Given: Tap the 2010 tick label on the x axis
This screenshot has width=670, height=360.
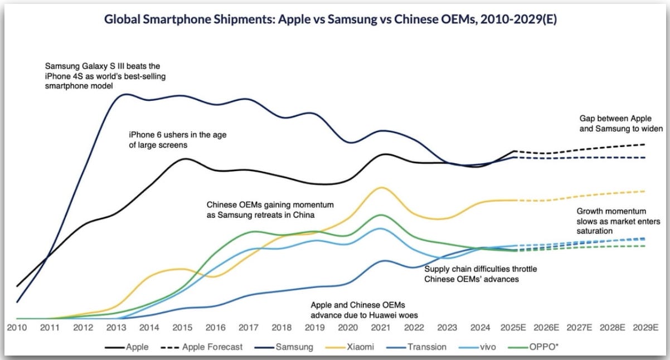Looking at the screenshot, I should click(17, 327).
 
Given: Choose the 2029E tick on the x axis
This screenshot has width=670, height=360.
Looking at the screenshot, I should click(647, 327).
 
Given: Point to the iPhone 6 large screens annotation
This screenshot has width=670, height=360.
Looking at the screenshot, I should click(177, 139).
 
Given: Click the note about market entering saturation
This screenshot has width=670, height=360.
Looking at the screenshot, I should click(611, 221).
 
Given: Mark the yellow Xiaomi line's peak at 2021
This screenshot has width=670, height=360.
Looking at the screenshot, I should click(381, 188).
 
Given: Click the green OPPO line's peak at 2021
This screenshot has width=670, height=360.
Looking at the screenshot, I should click(381, 215).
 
